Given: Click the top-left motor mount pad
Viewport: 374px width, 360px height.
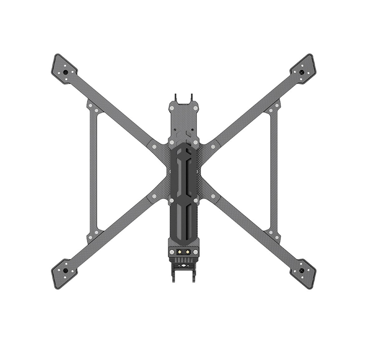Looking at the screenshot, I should (x=64, y=69).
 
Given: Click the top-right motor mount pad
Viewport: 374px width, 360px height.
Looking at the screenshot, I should (x=303, y=69).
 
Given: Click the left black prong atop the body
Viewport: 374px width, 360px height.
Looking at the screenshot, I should (x=176, y=99).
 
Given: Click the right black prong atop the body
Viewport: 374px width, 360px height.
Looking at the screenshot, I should (x=191, y=99).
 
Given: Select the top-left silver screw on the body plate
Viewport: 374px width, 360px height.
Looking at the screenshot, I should (x=172, y=108).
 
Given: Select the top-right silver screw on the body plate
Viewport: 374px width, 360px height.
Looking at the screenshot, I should (x=195, y=108).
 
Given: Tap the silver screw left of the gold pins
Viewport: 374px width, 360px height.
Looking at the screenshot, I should (x=172, y=252).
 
